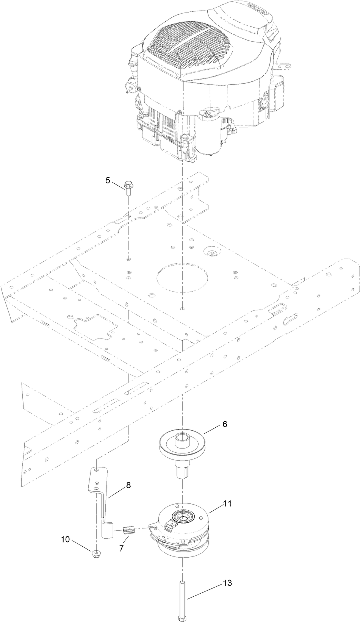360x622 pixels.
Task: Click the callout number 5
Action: (108, 180)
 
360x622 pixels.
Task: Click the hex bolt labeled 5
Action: (127, 188)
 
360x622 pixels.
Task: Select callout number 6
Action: (225, 424)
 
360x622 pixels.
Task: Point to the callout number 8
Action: (128, 485)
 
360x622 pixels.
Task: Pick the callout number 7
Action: (121, 548)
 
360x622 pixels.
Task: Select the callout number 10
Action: (65, 539)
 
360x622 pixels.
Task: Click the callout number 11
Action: (227, 504)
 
